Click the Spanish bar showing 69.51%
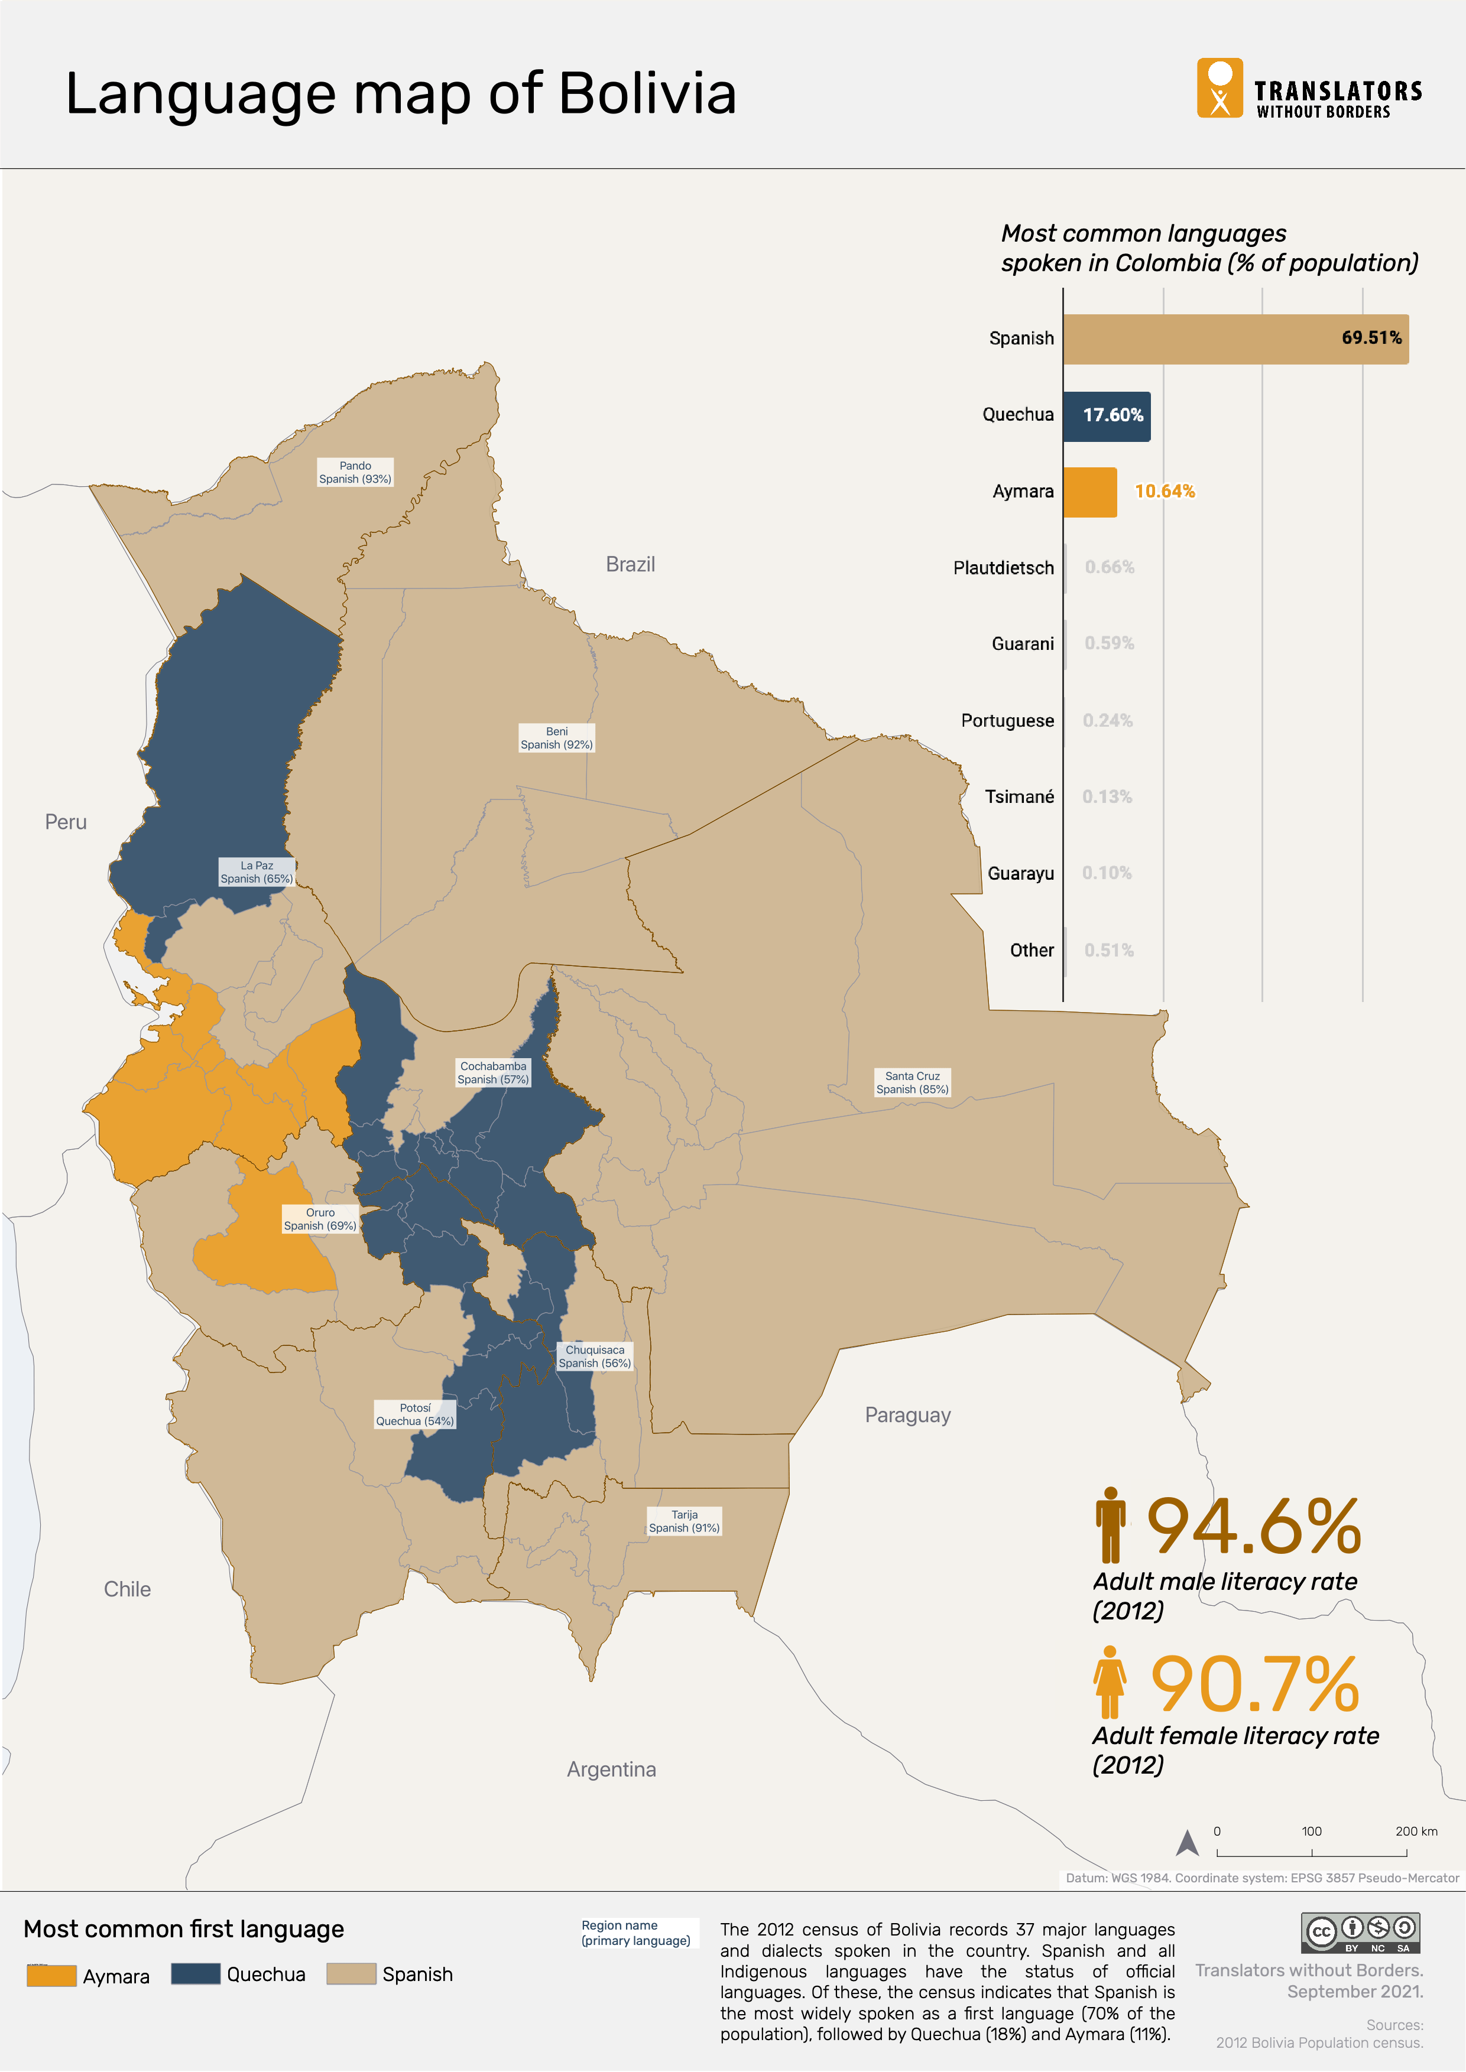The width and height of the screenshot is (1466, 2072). pyautogui.click(x=1235, y=339)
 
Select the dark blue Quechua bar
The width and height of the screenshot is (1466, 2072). pyautogui.click(x=1106, y=416)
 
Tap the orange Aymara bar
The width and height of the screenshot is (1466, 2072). pyautogui.click(x=1089, y=492)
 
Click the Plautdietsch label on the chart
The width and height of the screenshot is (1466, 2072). pyautogui.click(x=1003, y=568)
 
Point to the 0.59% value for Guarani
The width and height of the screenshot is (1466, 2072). pyautogui.click(x=1108, y=643)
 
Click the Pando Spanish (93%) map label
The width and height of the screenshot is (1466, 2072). pyautogui.click(x=355, y=473)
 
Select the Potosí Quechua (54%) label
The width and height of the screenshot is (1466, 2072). pyautogui.click(x=414, y=1414)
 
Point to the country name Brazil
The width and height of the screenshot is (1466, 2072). pyautogui.click(x=630, y=564)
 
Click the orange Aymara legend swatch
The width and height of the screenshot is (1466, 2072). pyautogui.click(x=51, y=1976)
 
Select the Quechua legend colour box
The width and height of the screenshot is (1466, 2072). pyautogui.click(x=195, y=1974)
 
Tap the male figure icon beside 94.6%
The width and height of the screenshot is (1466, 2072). pyautogui.click(x=1110, y=1524)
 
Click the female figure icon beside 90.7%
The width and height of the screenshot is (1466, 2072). pyautogui.click(x=1110, y=1681)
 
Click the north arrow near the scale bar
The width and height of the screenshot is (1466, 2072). pyautogui.click(x=1187, y=1843)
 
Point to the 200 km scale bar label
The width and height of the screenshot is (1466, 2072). pyautogui.click(x=1415, y=1831)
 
